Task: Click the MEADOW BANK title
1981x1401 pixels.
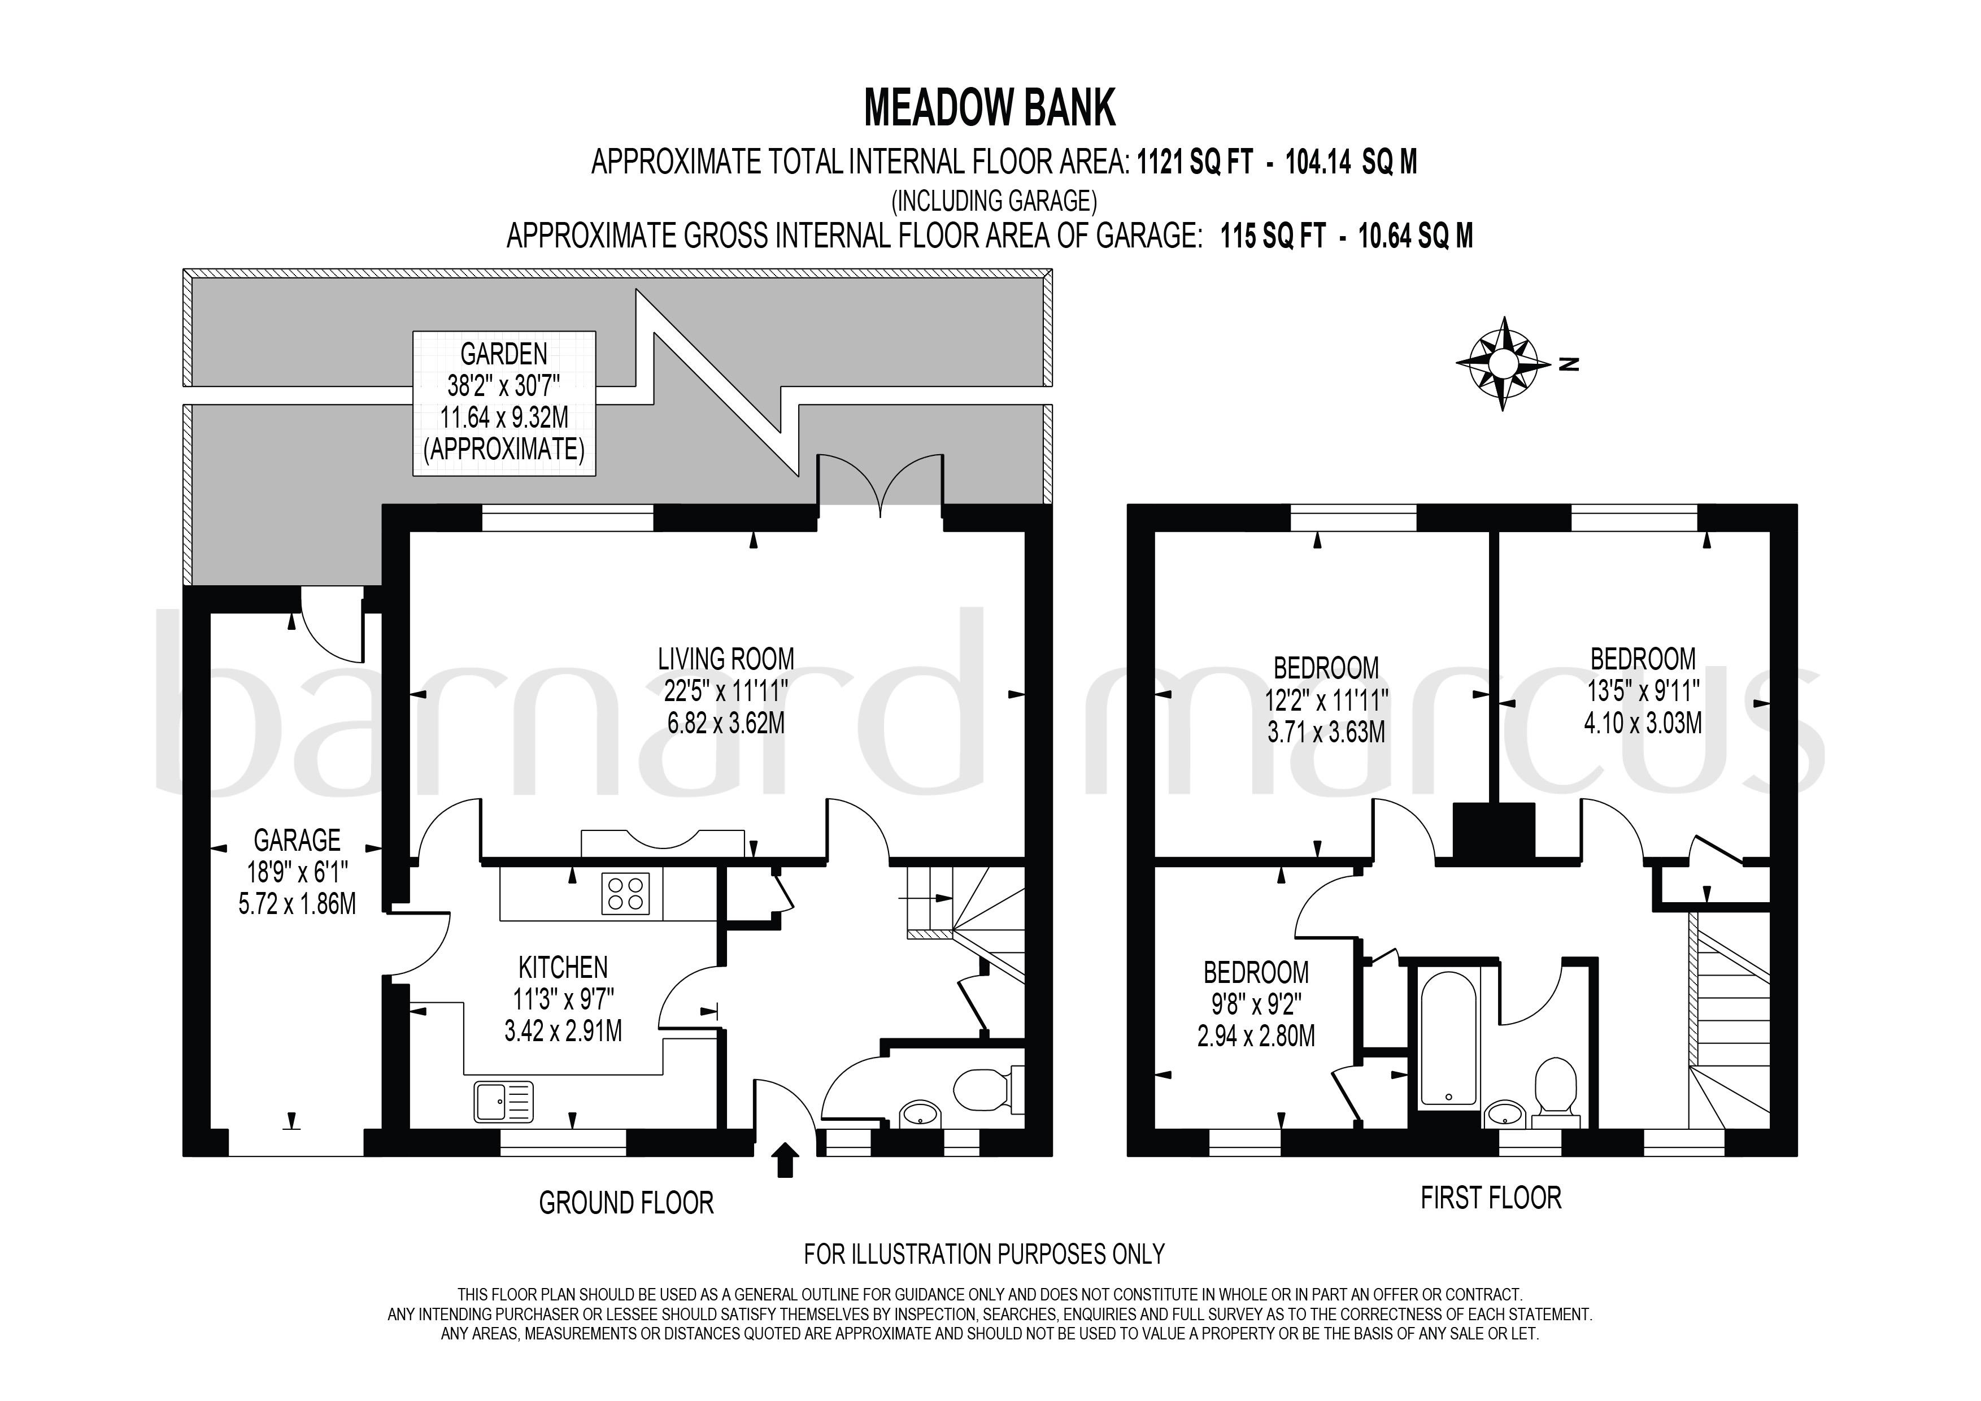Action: click(x=990, y=108)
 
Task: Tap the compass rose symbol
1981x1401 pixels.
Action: click(x=1502, y=363)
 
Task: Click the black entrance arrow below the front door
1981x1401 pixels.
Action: click(x=785, y=1160)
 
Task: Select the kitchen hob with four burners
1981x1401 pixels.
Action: click(x=626, y=894)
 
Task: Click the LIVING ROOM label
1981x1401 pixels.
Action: click(x=726, y=659)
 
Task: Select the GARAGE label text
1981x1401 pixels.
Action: click(x=297, y=839)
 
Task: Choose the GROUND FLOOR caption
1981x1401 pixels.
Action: click(x=626, y=1203)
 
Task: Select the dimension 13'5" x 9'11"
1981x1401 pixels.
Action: click(x=1643, y=691)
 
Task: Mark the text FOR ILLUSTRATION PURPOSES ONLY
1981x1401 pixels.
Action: click(x=985, y=1254)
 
